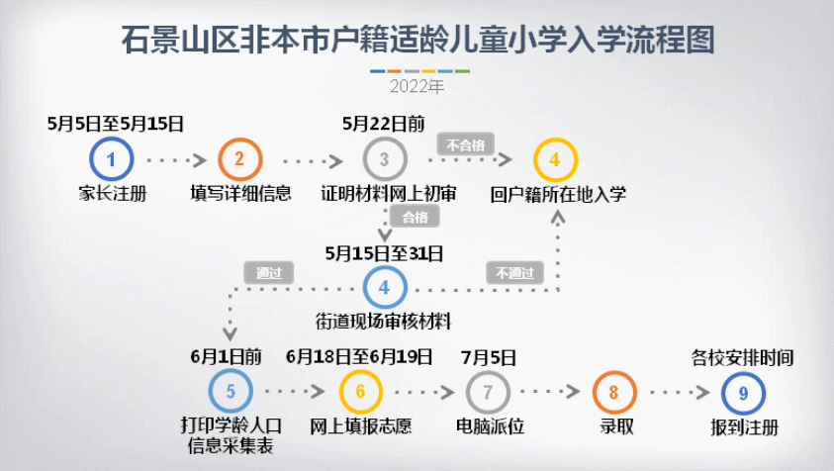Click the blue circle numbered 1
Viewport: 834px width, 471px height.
pyautogui.click(x=112, y=158)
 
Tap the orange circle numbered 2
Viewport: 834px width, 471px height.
pyautogui.click(x=240, y=158)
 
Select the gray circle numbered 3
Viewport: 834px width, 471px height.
pyautogui.click(x=384, y=158)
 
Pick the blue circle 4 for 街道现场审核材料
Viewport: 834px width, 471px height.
pyautogui.click(x=384, y=288)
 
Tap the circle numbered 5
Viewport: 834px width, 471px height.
pyautogui.click(x=231, y=392)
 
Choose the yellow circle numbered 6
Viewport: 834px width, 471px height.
pyautogui.click(x=360, y=392)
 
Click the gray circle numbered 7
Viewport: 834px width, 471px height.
pyautogui.click(x=488, y=392)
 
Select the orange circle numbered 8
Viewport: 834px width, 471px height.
pyautogui.click(x=614, y=392)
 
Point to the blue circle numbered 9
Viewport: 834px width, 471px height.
pyautogui.click(x=743, y=392)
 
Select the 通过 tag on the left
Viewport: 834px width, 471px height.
pyautogui.click(x=269, y=272)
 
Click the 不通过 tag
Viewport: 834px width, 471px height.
pyautogui.click(x=514, y=272)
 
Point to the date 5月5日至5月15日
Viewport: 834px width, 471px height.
pyautogui.click(x=116, y=124)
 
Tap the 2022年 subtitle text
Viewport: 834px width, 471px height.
pyautogui.click(x=417, y=87)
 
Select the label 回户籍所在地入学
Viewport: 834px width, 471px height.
pyautogui.click(x=558, y=193)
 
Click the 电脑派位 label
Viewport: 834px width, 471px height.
pyautogui.click(x=489, y=427)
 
